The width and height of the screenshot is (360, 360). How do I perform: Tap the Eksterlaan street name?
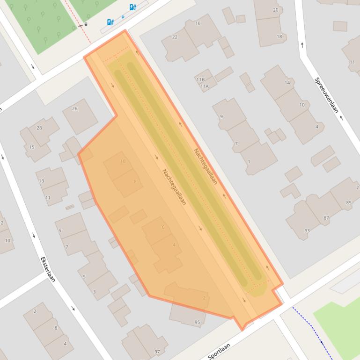pos(48,269)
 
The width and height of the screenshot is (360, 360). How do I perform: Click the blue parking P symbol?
pos(123,17)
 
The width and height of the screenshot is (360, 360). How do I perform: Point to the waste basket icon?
pos(86,24)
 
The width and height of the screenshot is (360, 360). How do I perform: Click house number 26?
pos(74,108)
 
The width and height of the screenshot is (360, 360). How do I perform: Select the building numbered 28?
pos(39,128)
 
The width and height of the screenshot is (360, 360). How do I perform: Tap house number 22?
pos(175,37)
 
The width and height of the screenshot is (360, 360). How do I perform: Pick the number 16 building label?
pos(198,23)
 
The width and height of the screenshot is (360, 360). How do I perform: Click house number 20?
pos(275,10)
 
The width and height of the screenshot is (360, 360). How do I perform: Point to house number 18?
pos(279,36)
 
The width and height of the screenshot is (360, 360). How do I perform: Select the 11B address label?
pos(200,79)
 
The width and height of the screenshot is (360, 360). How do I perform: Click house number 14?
pos(287,83)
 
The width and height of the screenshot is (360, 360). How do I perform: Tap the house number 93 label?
pos(307,230)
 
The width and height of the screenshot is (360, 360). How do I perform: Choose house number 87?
pos(326,218)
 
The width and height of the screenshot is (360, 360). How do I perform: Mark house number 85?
pos(349,202)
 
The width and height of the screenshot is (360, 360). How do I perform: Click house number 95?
pos(197,322)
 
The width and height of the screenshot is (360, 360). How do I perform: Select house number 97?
pos(157,352)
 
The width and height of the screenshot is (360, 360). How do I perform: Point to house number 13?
pos(42,181)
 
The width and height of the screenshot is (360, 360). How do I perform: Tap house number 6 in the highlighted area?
pos(163,227)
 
